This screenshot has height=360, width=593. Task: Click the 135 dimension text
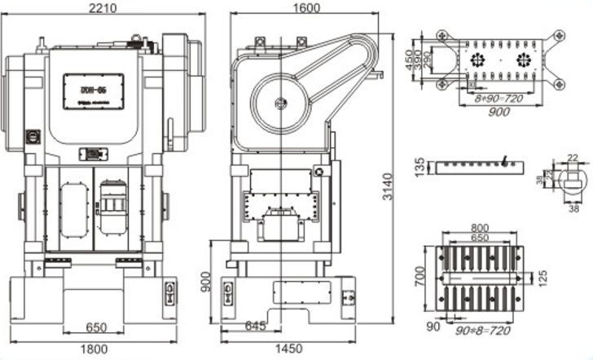coord(420,168)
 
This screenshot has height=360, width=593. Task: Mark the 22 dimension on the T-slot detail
coord(573,158)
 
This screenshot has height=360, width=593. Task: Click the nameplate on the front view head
coord(94,86)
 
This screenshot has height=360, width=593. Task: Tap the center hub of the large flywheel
coord(281,103)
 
